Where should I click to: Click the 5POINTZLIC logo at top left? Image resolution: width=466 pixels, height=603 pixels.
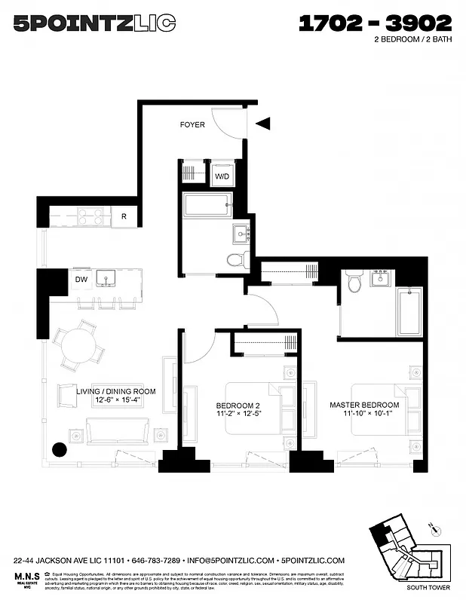(95, 25)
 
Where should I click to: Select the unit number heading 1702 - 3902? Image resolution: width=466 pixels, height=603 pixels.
(375, 24)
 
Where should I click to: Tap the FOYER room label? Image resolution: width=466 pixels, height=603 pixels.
(192, 124)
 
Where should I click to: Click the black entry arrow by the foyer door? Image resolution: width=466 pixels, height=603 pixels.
(262, 124)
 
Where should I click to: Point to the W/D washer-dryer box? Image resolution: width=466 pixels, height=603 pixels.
(222, 176)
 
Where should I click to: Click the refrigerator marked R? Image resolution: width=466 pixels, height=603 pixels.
(124, 217)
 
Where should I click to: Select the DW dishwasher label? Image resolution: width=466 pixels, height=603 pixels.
(81, 280)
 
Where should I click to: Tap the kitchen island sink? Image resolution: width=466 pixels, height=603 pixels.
(108, 280)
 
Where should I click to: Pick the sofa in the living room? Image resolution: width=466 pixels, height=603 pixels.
(118, 431)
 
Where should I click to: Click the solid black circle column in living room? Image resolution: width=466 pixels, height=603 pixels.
(59, 450)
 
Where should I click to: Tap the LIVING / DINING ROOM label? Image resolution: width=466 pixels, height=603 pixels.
(116, 391)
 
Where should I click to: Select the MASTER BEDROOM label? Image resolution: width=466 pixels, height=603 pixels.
(364, 405)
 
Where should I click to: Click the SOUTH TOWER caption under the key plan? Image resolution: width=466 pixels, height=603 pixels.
(427, 588)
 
